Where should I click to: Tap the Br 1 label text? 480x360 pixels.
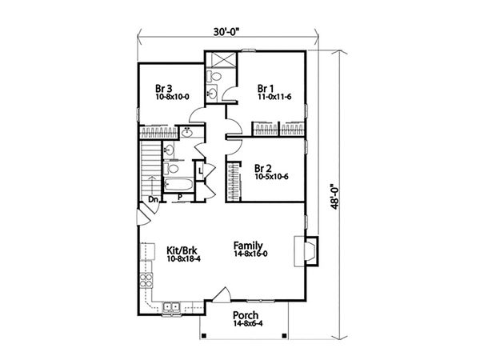pyautogui.click(x=265, y=87)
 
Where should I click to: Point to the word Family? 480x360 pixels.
pyautogui.click(x=250, y=245)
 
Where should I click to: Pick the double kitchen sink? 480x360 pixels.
pyautogui.click(x=172, y=306)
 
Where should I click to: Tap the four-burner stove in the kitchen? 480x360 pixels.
pyautogui.click(x=146, y=281)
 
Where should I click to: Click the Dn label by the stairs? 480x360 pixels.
pyautogui.click(x=154, y=200)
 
